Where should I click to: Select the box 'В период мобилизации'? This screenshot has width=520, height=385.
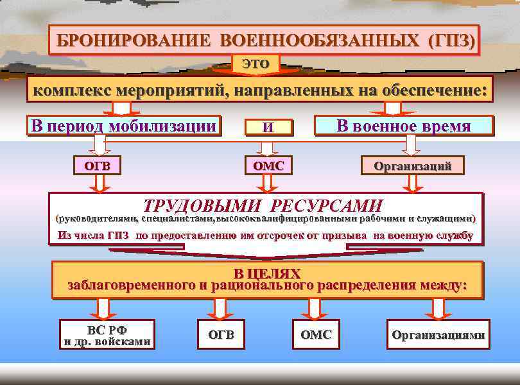tap(123, 125)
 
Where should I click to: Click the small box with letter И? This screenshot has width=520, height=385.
tap(268, 127)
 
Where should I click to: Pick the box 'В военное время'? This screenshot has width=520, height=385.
tap(404, 126)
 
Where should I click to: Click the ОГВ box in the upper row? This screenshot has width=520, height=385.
tap(98, 166)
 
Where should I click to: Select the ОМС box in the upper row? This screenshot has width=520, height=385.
tap(268, 166)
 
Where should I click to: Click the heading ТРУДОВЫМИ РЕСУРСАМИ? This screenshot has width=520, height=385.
tap(263, 206)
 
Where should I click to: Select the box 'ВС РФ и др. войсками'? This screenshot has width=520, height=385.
tap(107, 334)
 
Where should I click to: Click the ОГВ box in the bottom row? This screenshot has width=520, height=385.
tap(221, 334)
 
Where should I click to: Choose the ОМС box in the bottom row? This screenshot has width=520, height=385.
tap(316, 334)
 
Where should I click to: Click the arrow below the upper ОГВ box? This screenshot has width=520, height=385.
tap(98, 184)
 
